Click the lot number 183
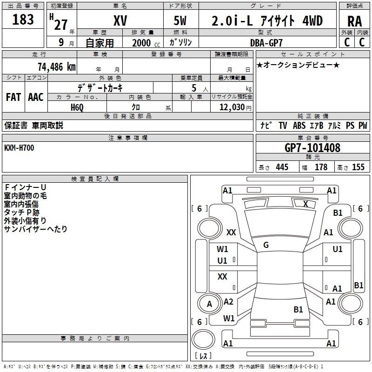[23, 20]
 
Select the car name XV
[120, 21]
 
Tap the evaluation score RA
[354, 21]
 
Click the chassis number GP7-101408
[312, 148]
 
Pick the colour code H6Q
[77, 107]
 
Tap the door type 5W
[181, 21]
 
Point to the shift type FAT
[13, 97]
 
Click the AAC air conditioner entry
[36, 97]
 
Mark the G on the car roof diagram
[266, 245]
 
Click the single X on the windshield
[306, 204]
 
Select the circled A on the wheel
[209, 304]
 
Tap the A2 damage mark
[228, 302]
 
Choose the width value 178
[321, 167]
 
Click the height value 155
[358, 167]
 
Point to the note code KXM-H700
[19, 147]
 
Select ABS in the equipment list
[299, 126]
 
